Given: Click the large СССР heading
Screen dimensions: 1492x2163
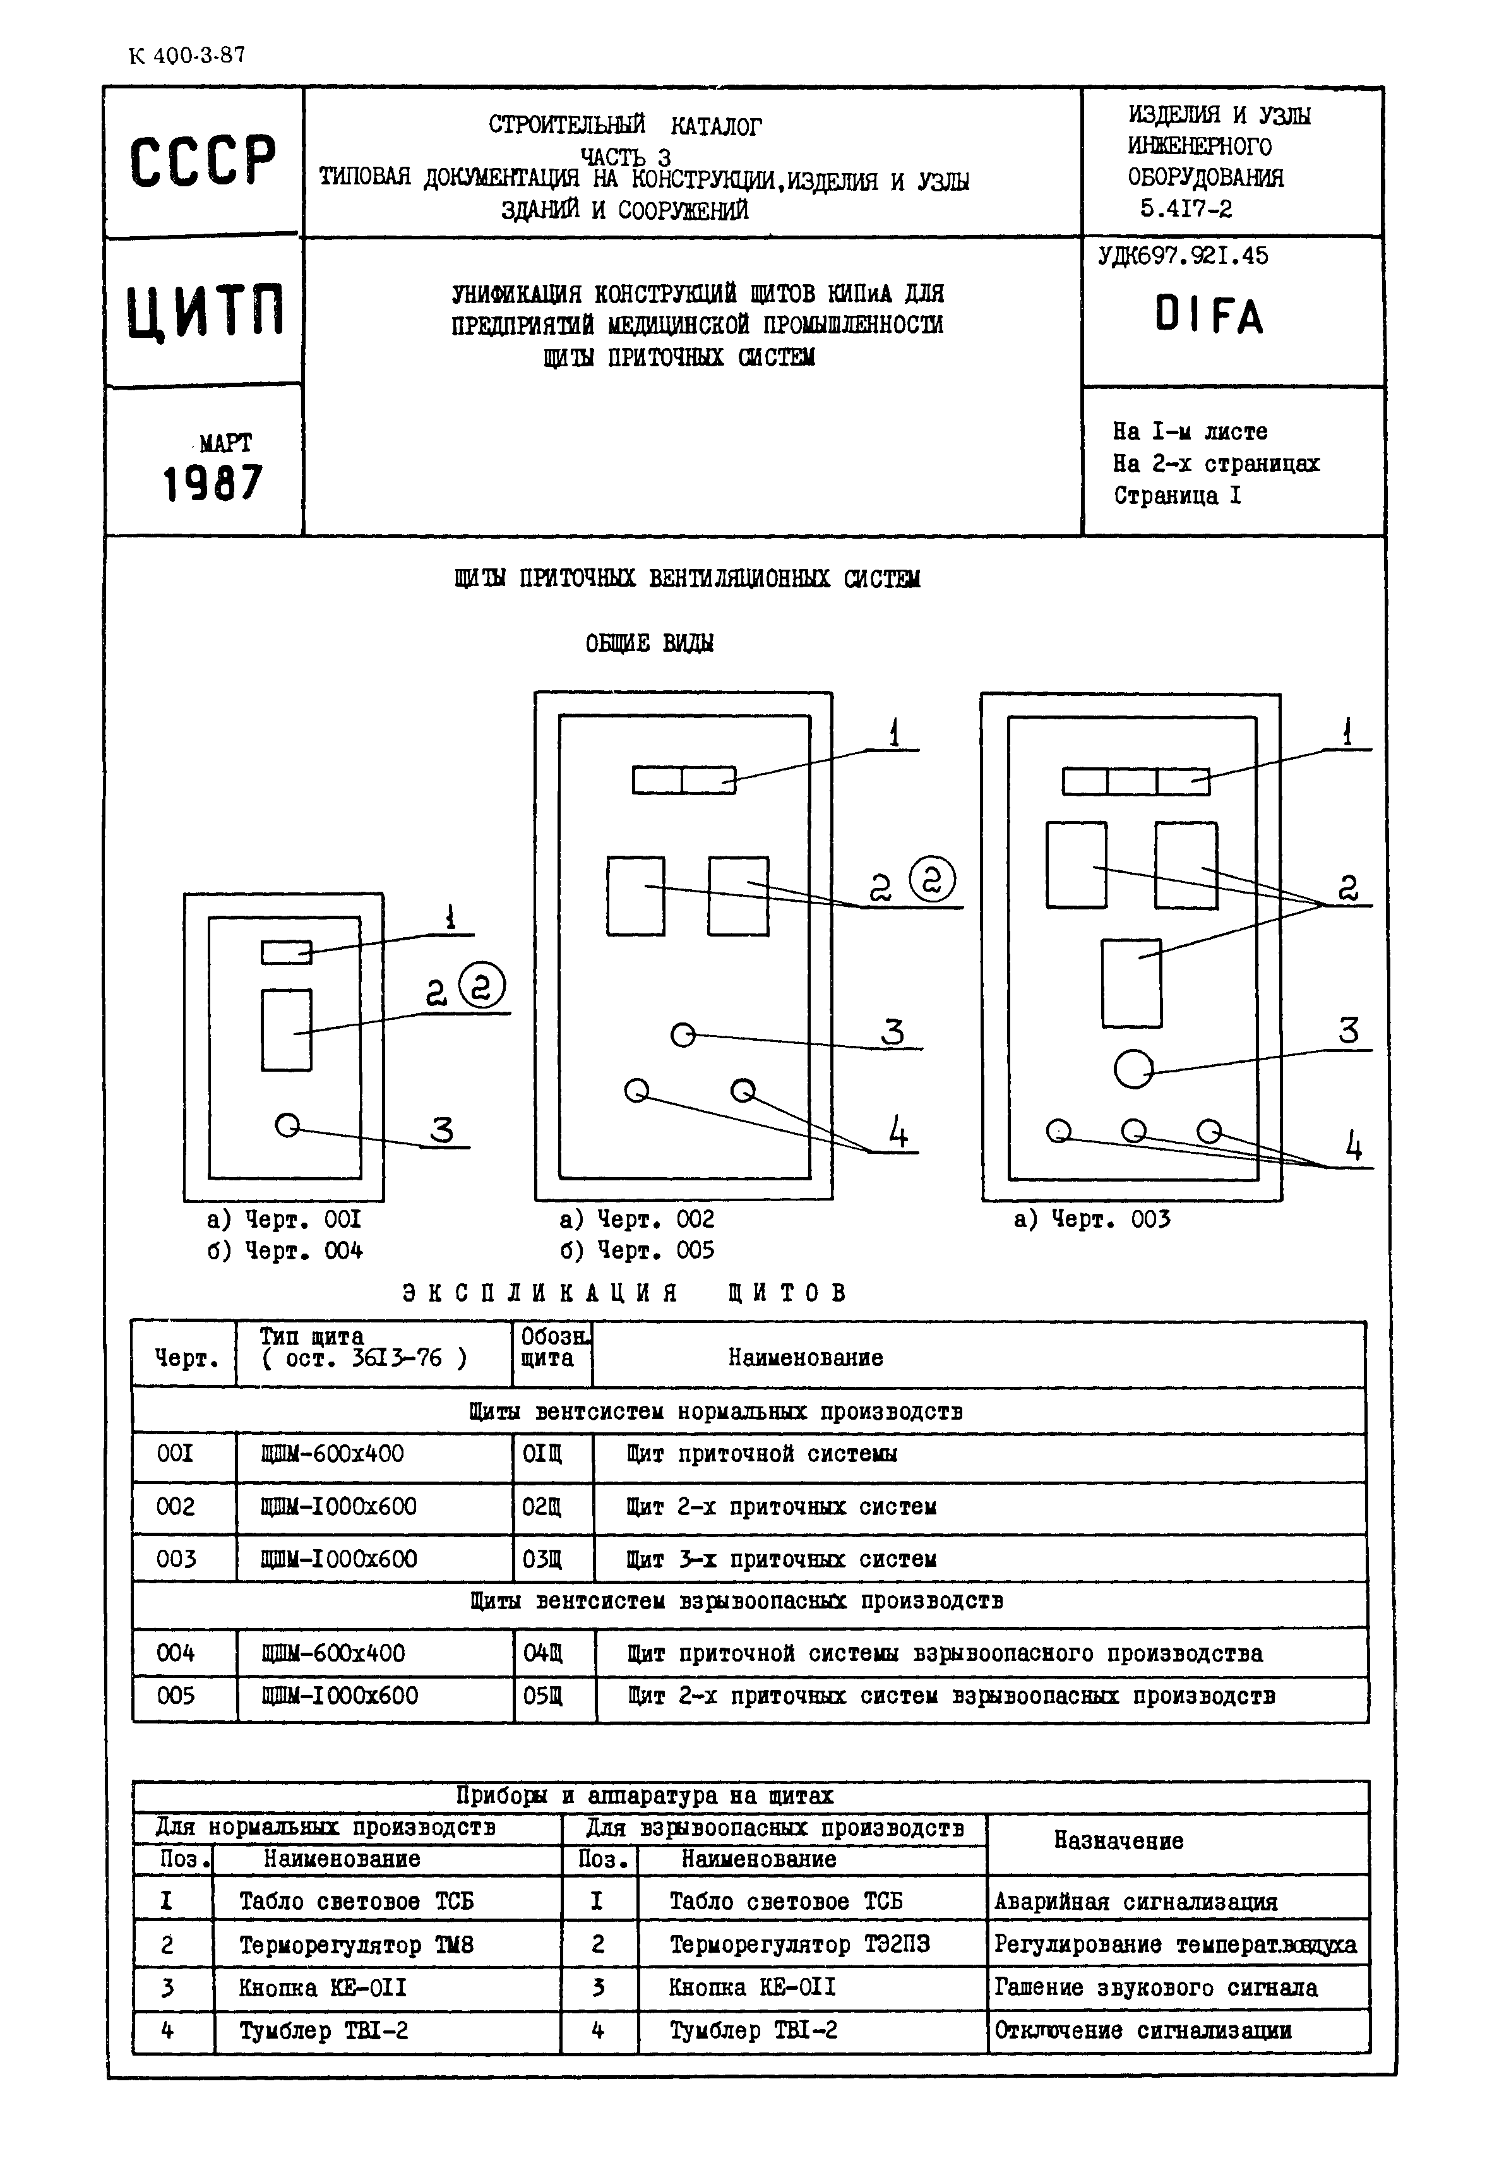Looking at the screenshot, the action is pos(203,162).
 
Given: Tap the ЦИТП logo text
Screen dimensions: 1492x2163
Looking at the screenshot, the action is pos(205,311).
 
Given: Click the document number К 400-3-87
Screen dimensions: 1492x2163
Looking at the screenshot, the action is pos(186,55).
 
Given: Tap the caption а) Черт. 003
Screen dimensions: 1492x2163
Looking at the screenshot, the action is pos(1092,1219).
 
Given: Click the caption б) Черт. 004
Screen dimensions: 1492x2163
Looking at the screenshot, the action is pos(285,1250).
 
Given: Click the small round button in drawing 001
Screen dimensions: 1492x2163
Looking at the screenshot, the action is pos(287,1125).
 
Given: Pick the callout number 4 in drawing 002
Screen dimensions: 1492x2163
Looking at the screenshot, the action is pos(897,1134).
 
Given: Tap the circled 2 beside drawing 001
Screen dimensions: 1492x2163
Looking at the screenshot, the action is pos(482,985).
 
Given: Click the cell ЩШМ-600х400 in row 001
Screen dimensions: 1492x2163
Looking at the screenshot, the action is pos(334,1454).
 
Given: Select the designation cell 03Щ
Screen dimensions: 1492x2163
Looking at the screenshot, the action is pos(542,1559).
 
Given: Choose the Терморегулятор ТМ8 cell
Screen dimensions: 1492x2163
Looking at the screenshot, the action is pos(356,1945).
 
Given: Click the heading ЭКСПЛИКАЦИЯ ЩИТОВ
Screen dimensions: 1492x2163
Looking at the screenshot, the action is pos(624,1293).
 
